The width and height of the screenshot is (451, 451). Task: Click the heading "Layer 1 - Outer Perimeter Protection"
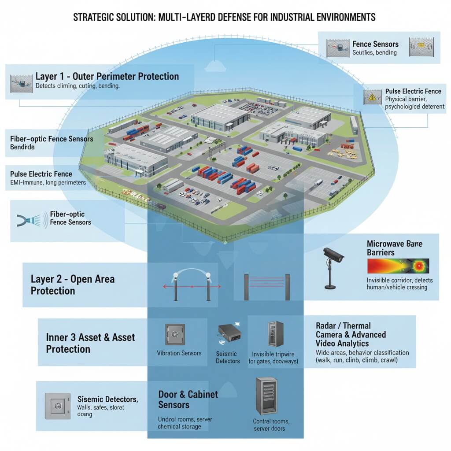tap(107, 76)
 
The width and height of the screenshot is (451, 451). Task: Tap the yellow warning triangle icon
tap(372, 96)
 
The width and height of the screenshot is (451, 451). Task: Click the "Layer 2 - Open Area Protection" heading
tap(73, 285)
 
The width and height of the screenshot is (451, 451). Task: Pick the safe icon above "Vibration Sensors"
tap(174, 335)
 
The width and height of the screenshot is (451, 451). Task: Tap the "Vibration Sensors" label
tap(179, 353)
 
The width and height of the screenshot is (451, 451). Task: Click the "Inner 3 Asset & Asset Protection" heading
tap(90, 343)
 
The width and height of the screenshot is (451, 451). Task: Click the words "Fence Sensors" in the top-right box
tap(375, 44)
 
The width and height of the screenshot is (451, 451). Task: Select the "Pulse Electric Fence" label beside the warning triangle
tap(413, 91)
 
